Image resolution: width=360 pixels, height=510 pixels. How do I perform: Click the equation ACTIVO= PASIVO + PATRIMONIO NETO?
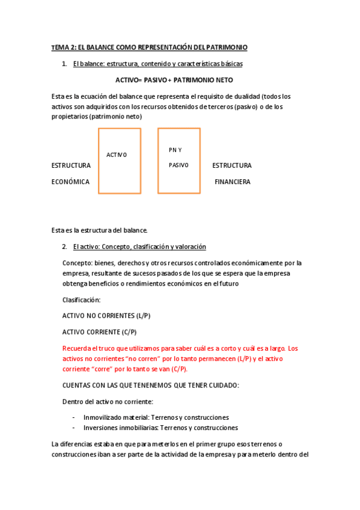coord(174,79)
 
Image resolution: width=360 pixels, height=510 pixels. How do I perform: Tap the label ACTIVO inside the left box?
coord(117,155)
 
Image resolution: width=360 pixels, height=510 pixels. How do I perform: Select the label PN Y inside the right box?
coord(175,150)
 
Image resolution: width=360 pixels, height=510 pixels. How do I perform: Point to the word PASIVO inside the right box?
coord(178,165)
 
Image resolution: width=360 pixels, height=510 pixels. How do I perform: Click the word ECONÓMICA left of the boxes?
coord(71,182)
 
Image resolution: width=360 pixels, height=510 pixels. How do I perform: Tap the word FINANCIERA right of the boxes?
coord(233,182)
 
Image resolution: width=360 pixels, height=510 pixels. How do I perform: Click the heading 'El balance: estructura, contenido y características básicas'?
coord(158,63)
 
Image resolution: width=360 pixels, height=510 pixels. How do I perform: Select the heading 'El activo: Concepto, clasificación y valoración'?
coord(139,247)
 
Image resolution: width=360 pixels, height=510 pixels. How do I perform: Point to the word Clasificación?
coord(82,300)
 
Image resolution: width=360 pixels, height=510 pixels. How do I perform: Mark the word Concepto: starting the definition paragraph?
coord(77,263)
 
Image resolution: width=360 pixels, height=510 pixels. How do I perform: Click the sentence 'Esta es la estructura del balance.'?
coord(99,230)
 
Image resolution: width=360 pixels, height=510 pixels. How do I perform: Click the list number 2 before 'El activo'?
coord(64,247)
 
